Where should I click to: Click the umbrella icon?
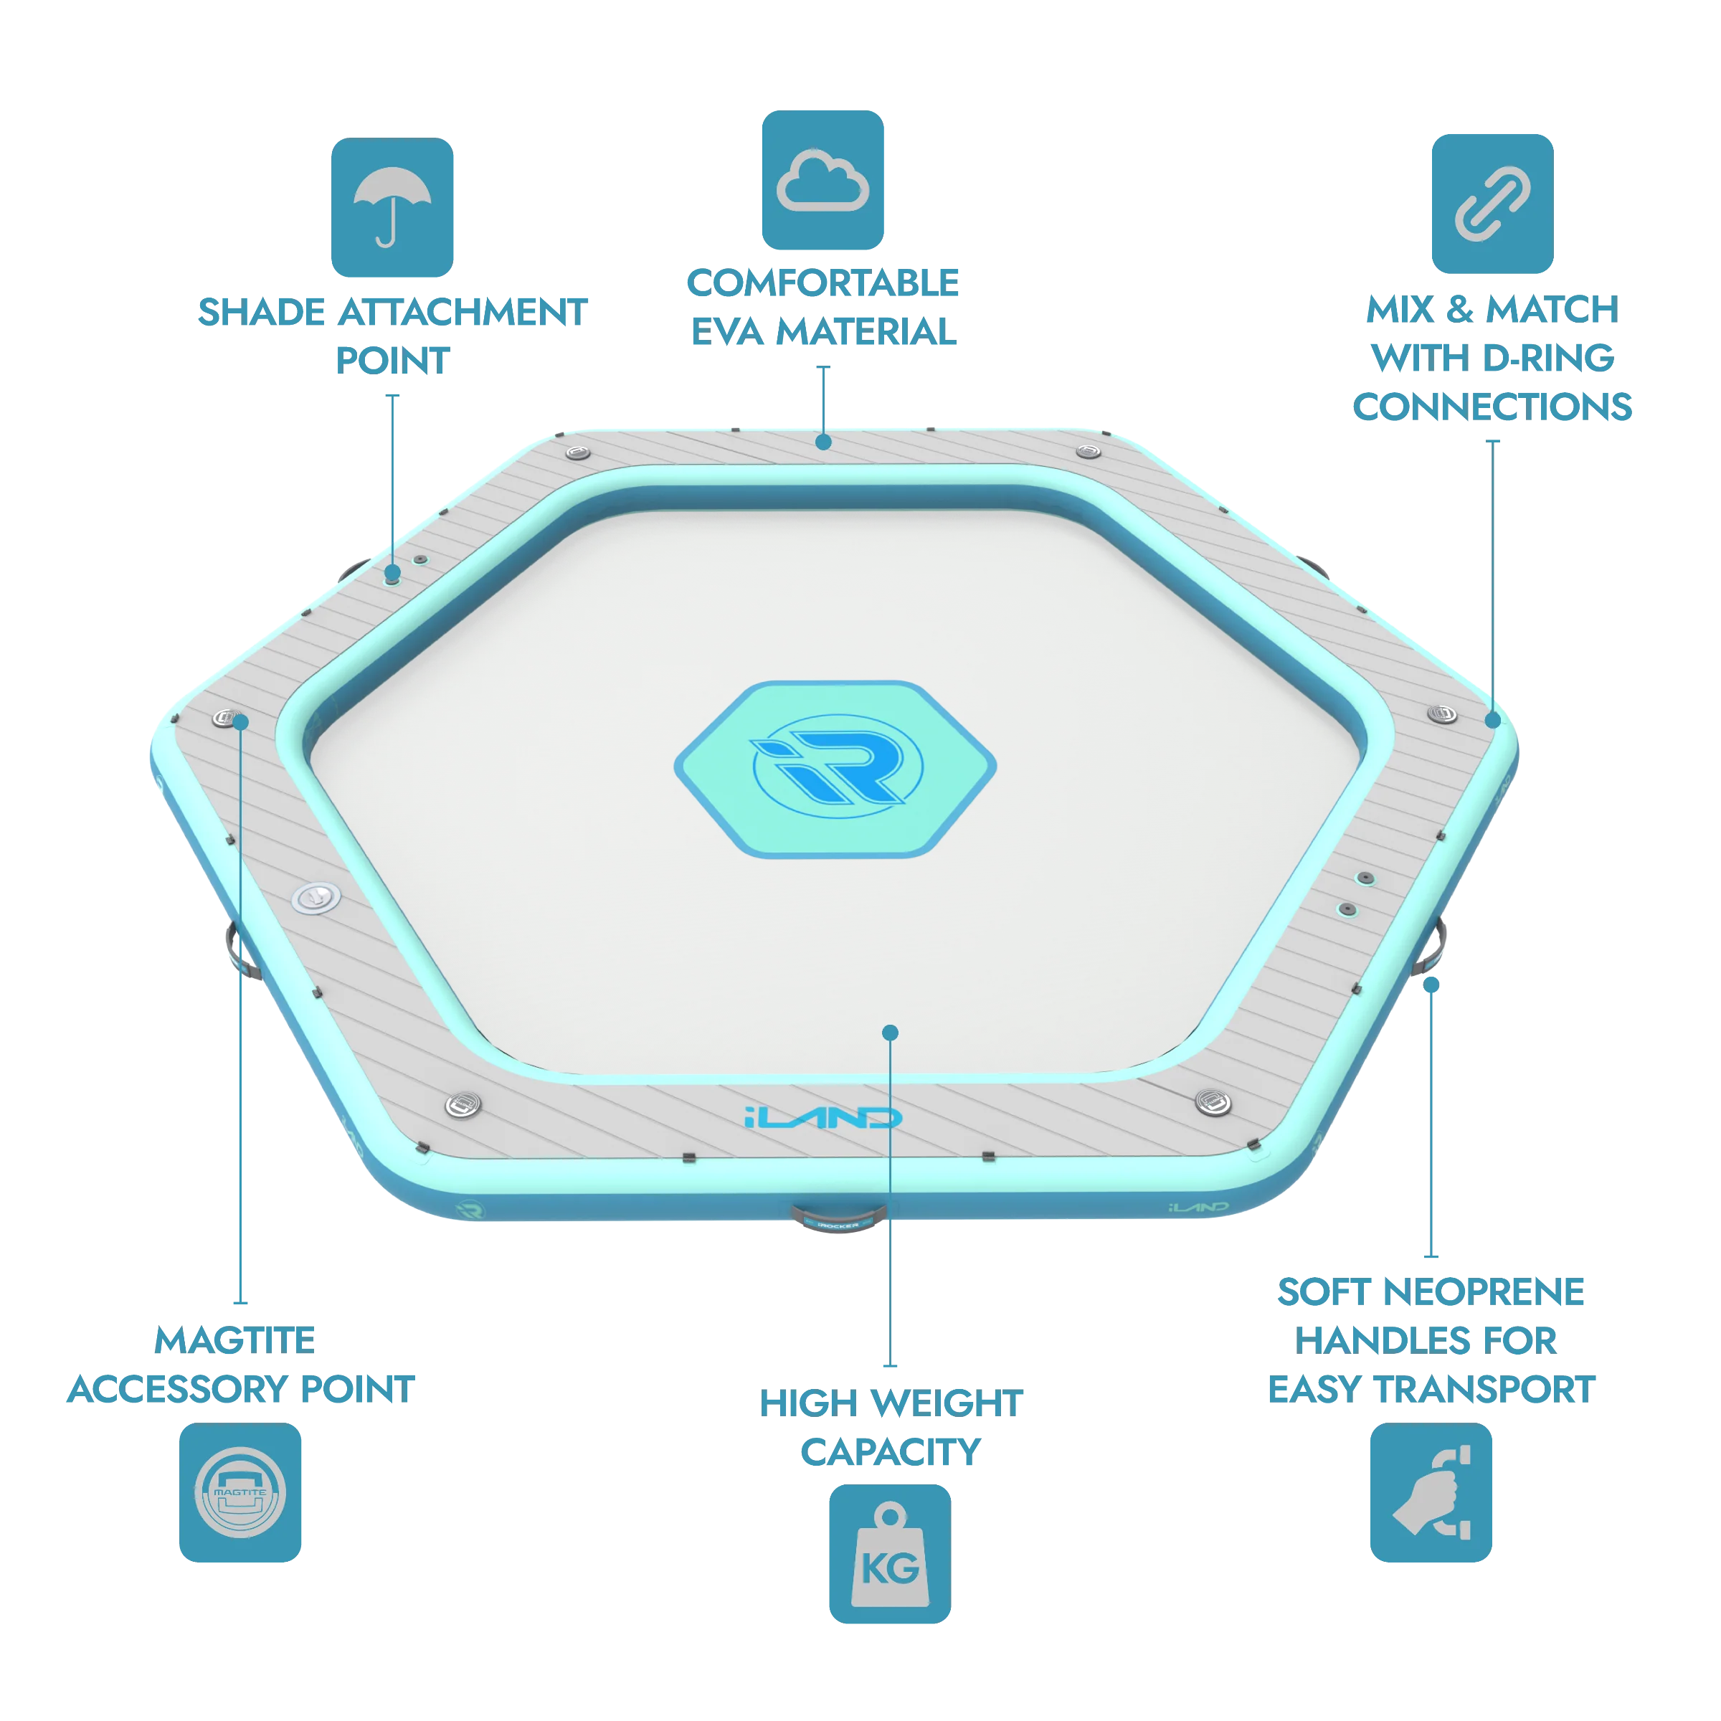[x=392, y=207]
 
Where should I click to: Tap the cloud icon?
[x=822, y=180]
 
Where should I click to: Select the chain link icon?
[x=1492, y=203]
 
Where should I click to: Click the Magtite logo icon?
[x=240, y=1492]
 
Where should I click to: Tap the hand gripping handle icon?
[x=1431, y=1492]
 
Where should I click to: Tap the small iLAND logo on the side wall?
[x=1198, y=1207]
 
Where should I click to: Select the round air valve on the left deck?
[x=316, y=898]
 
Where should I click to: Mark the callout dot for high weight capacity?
[x=890, y=1033]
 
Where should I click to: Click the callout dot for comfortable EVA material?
[x=824, y=442]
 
